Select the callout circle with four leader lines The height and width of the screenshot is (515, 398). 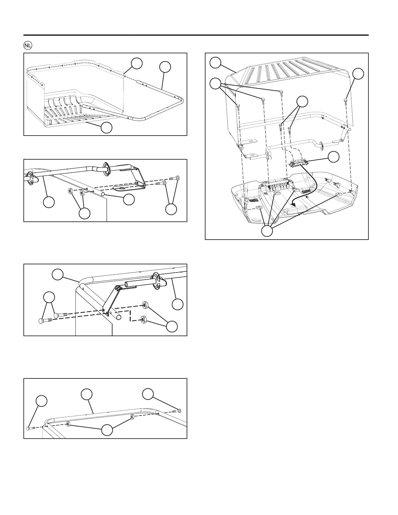click(267, 231)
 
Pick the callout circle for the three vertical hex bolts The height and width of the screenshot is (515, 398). click(215, 84)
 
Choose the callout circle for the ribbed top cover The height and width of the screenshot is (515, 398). click(215, 62)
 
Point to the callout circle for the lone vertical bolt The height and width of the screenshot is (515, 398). click(358, 74)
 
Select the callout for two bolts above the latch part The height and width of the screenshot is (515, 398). click(302, 101)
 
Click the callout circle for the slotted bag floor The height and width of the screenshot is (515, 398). click(107, 128)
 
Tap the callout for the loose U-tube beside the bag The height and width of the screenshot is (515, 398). click(165, 67)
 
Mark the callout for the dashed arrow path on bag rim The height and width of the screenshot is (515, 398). click(137, 63)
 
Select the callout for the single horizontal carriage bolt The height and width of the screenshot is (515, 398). click(41, 401)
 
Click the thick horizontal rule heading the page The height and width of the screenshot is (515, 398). click(196, 35)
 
